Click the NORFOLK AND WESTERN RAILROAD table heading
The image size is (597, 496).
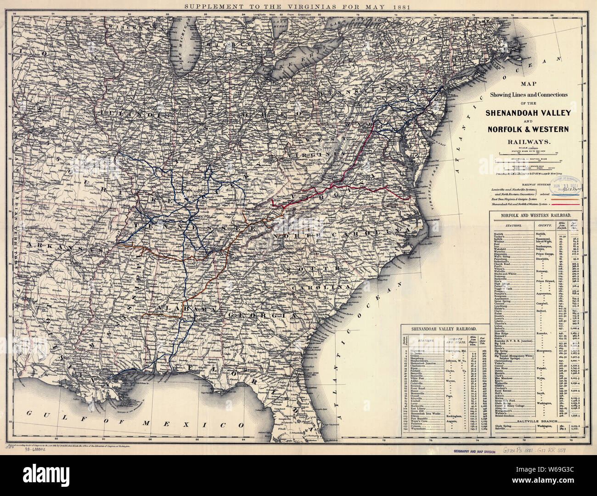[536, 215]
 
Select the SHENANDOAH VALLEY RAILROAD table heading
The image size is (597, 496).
[443, 329]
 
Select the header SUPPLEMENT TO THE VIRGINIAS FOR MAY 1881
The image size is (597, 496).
[298, 6]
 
